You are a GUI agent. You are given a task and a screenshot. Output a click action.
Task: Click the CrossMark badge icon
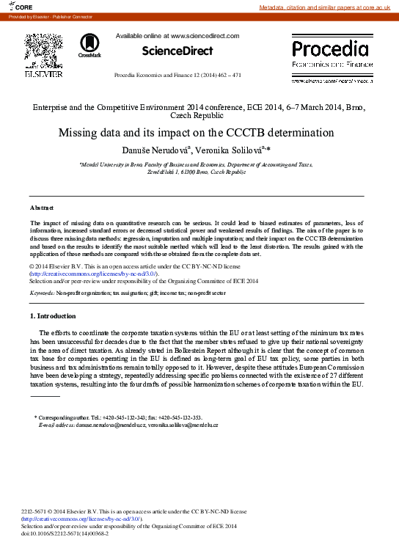coord(90,45)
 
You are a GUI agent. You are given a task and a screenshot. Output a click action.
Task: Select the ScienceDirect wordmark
coord(177,51)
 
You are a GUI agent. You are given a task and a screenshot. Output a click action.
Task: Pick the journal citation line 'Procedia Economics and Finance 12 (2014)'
coord(177,76)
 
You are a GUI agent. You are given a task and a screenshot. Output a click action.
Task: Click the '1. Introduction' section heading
coord(52,316)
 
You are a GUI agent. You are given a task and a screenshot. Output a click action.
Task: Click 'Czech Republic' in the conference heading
coord(199,116)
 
